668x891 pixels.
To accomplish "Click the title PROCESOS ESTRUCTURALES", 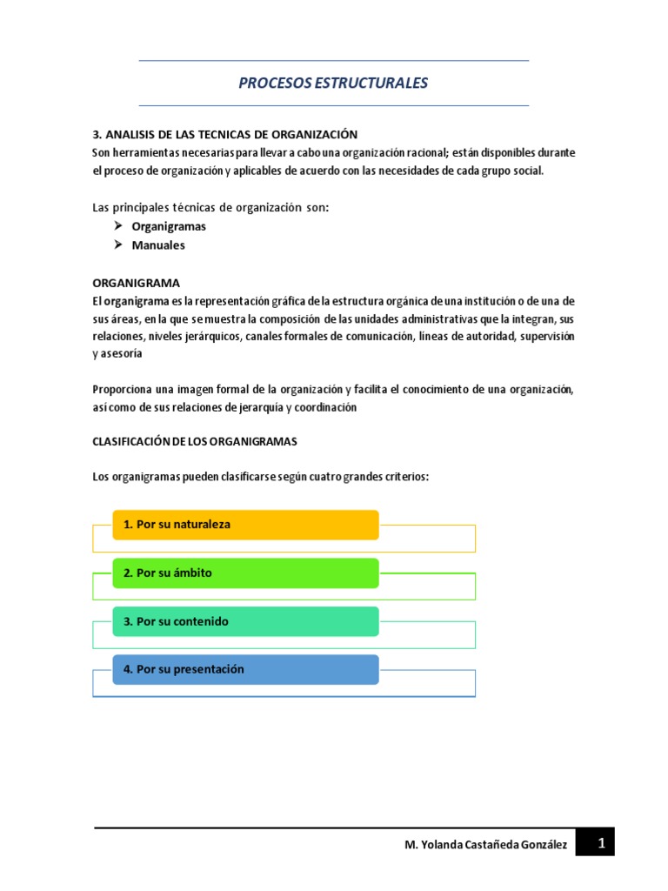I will click(333, 84).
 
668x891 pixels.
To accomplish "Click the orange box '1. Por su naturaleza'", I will click(245, 525).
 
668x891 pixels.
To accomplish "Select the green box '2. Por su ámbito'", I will click(245, 573).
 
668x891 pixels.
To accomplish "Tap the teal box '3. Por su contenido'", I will click(245, 621).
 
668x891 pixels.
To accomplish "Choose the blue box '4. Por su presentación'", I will click(245, 670).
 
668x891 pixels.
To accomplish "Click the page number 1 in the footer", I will click(600, 843).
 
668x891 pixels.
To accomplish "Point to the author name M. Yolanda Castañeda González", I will click(486, 845).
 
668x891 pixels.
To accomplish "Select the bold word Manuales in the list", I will click(158, 245).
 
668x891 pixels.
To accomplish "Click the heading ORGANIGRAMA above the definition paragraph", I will click(136, 283).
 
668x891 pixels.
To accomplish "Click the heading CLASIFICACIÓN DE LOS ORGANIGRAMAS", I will click(195, 441).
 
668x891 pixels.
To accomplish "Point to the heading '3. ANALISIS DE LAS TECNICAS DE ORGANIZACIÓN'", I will click(225, 134).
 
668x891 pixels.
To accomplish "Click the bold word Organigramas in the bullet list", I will click(169, 226).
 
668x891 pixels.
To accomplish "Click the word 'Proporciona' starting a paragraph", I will click(121, 389).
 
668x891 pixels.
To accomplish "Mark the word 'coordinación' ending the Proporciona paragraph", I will click(324, 407).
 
